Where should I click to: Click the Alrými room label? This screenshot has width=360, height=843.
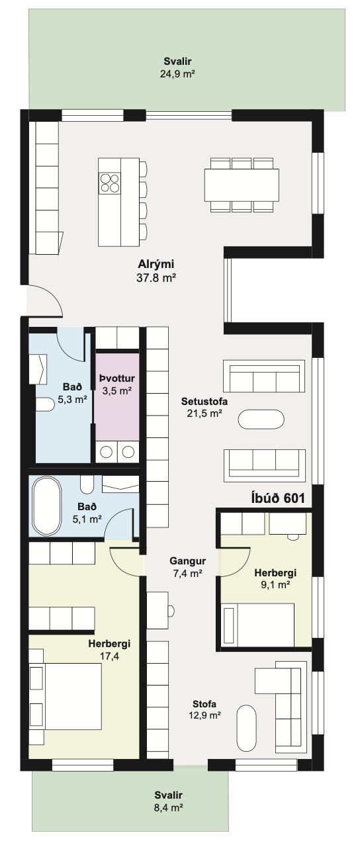pos(156,264)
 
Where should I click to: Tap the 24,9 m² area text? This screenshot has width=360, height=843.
pos(177,73)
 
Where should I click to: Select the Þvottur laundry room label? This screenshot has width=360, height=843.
pos(116,378)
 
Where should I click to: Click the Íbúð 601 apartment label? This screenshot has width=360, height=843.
pos(278,498)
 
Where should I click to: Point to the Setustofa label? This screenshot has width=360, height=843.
pos(204,401)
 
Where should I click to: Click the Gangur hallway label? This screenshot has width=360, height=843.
pos(187,561)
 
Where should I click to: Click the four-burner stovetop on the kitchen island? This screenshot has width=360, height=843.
pos(109,183)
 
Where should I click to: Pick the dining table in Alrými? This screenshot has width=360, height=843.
pos(242,185)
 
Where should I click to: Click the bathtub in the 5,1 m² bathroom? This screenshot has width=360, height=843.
pos(47,506)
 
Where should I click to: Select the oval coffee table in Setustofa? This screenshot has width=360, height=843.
pos(261,420)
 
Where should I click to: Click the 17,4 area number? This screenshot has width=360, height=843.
pos(110,656)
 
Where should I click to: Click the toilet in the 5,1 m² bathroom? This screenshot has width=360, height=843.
pos(87,485)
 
